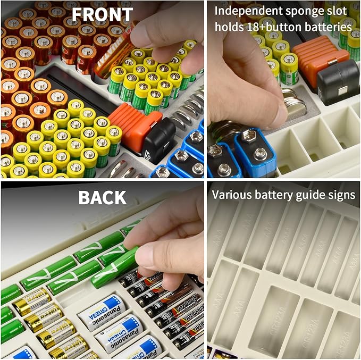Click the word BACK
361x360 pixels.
point(103,197)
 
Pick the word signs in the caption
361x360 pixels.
point(340,195)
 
